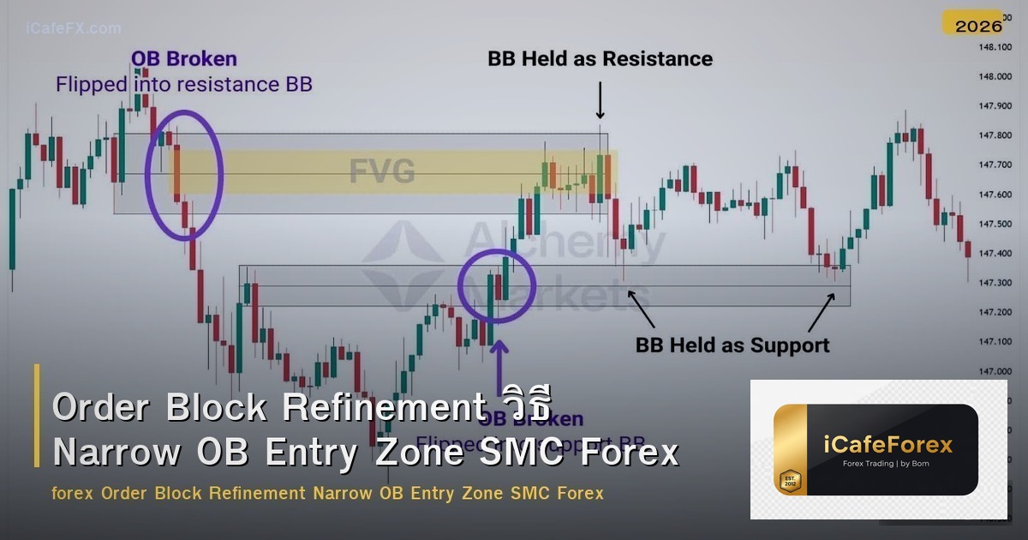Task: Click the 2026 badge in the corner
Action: (x=978, y=25)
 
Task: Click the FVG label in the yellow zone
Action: (x=382, y=172)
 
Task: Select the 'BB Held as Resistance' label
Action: (x=600, y=59)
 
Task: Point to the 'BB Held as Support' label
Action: (x=732, y=345)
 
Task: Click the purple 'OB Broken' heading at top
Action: (x=183, y=59)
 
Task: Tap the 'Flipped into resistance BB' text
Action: (x=183, y=84)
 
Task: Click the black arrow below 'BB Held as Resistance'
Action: (x=600, y=100)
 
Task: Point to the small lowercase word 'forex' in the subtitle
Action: (x=73, y=494)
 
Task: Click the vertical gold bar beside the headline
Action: (x=37, y=416)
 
